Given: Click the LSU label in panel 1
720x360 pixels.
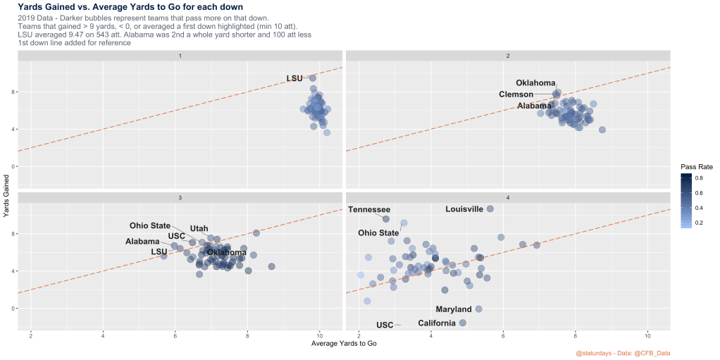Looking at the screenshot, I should (x=294, y=78).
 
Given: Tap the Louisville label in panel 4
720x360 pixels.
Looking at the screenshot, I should (x=464, y=209).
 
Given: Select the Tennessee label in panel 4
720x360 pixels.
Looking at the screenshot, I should (x=369, y=209).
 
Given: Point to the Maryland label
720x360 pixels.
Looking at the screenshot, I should (x=453, y=309).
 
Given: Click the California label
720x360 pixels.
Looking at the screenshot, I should (x=437, y=323).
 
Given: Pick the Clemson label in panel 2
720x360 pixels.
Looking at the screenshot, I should (x=516, y=94).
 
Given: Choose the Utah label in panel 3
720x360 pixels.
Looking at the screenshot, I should (x=199, y=228).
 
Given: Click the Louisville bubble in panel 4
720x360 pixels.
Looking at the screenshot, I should (x=490, y=209).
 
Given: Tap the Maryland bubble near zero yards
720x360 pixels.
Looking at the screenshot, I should (x=478, y=309).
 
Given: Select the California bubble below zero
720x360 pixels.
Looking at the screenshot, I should (x=463, y=323).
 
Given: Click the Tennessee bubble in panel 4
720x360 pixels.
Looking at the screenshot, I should (x=386, y=219).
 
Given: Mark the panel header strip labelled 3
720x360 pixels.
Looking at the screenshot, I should (x=180, y=197).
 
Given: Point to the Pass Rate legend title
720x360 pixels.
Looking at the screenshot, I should (x=696, y=166).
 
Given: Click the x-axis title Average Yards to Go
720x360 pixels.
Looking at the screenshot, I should (x=343, y=343).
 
